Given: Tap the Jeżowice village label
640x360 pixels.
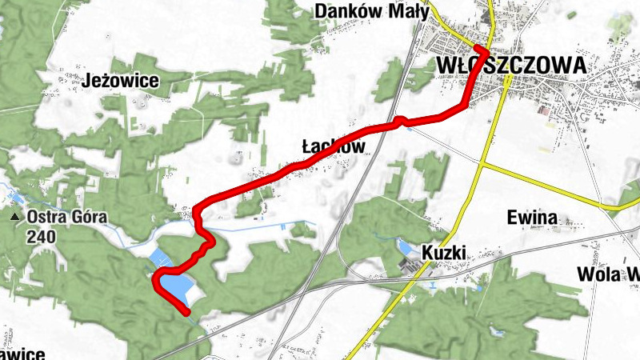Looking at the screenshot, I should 121,81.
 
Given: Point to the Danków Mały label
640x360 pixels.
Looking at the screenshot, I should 372,11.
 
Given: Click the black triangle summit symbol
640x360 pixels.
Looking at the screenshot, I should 14,217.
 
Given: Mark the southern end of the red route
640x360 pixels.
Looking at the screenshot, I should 188,313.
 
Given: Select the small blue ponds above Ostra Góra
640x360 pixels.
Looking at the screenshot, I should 14,197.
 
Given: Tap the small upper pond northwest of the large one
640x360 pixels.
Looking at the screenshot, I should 159,257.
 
